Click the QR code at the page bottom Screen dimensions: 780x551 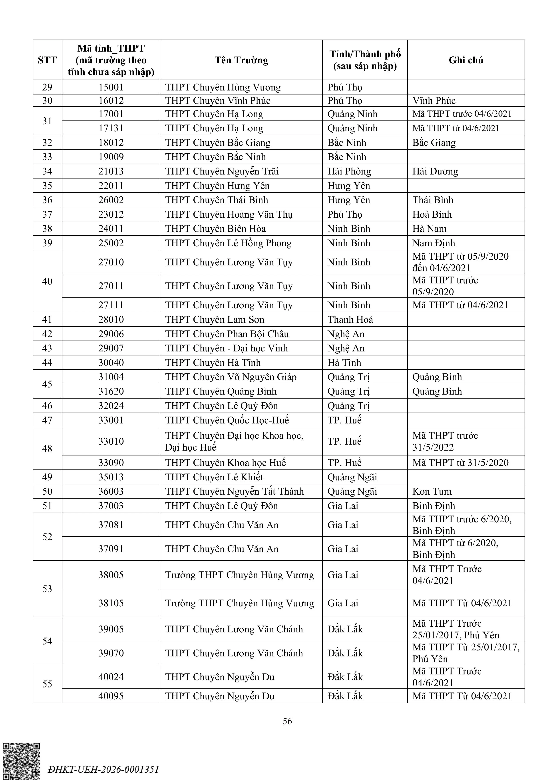[21, 761]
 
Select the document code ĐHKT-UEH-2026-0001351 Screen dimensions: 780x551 [103, 769]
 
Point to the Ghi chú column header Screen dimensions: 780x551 [466, 60]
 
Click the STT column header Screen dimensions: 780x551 [47, 60]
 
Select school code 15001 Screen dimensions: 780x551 [111, 87]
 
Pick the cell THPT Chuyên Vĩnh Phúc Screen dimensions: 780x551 [218, 100]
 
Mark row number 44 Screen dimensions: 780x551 [47, 363]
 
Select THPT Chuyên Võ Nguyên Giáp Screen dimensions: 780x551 [231, 377]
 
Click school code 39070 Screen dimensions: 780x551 [111, 653]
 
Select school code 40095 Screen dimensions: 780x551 [111, 696]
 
